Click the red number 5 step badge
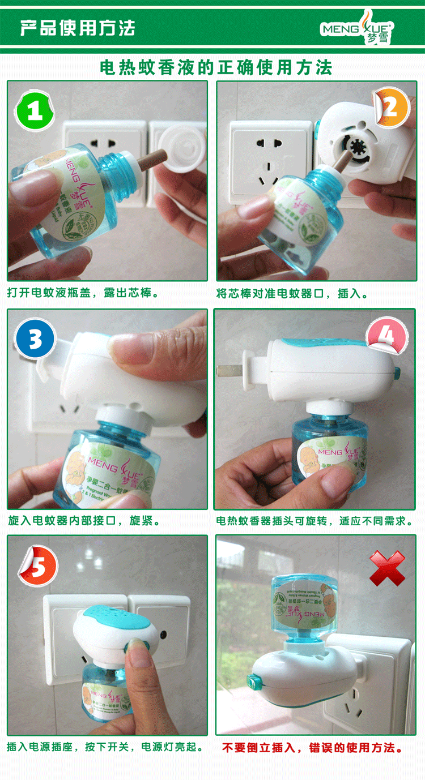click(38, 567)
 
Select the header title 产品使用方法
click(78, 28)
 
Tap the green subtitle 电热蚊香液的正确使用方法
click(215, 68)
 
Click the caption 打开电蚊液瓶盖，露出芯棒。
click(83, 293)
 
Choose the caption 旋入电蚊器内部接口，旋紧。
click(84, 520)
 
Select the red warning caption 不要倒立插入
click(313, 748)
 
